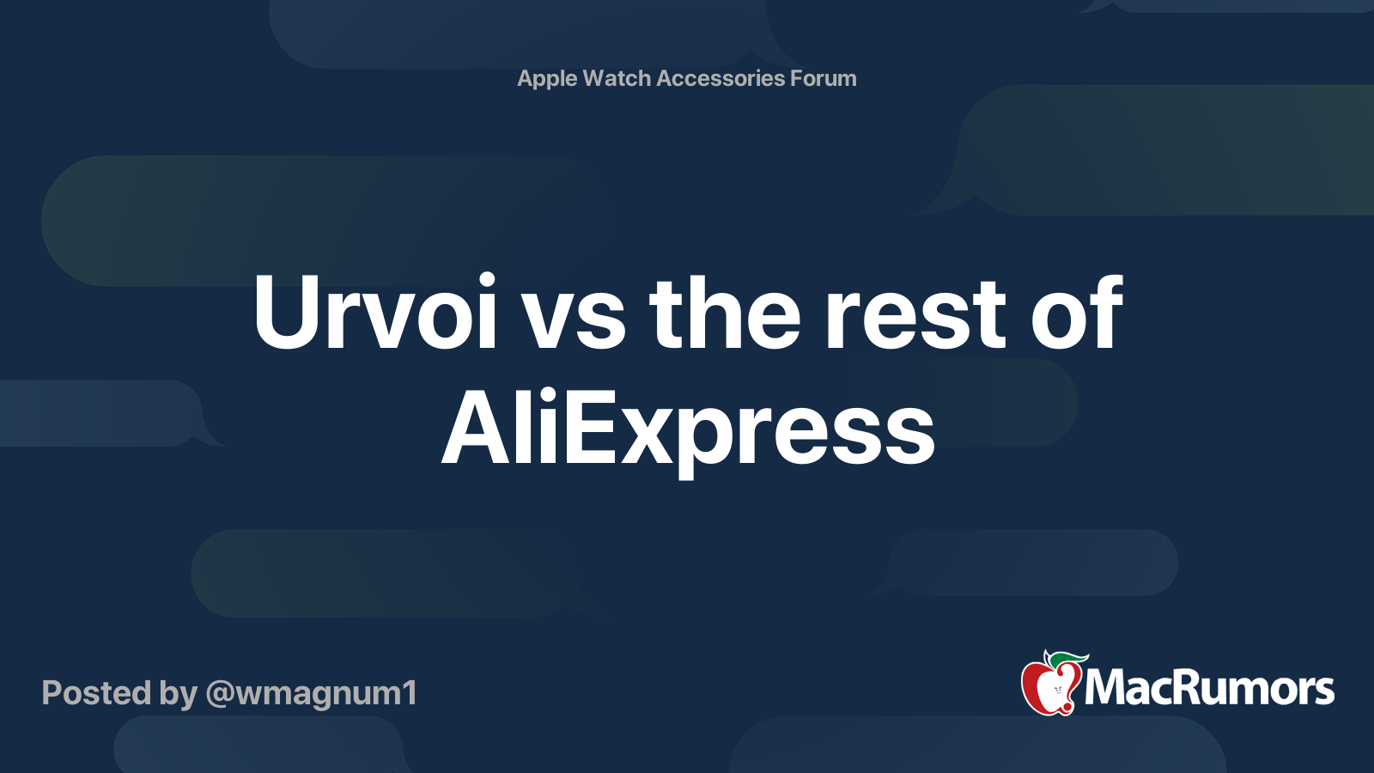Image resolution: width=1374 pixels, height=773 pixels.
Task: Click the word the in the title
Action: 725,312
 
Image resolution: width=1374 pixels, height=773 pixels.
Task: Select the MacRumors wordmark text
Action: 1209,688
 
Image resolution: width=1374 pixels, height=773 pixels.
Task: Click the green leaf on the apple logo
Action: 1067,658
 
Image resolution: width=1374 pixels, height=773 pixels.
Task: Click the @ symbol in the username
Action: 220,695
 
